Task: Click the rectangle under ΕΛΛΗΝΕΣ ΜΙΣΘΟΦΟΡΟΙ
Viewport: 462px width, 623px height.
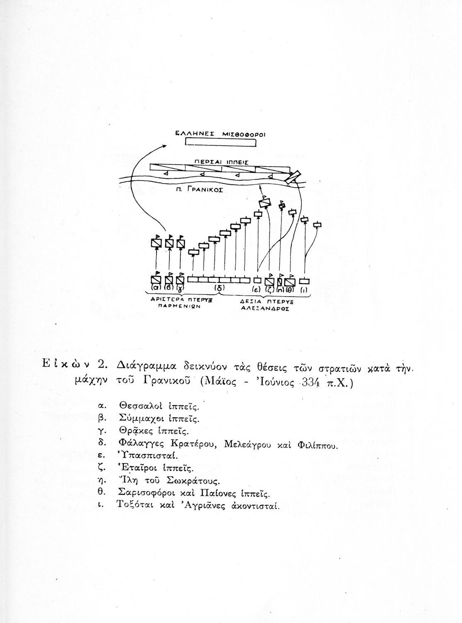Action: point(220,142)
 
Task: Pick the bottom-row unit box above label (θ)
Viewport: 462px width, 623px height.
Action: point(291,280)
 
